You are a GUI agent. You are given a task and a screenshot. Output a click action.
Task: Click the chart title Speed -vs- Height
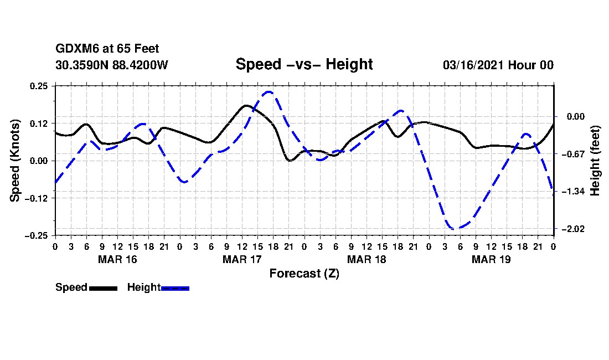pos(304,64)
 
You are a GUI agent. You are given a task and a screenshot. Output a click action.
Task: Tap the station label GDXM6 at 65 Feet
pos(107,49)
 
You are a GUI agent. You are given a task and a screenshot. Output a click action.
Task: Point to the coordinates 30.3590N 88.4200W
pos(111,65)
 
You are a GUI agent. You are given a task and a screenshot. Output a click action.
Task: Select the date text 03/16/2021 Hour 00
pos(498,65)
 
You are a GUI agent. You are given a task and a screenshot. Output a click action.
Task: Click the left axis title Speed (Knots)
pos(16,160)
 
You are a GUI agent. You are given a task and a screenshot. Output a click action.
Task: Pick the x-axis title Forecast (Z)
pos(304,273)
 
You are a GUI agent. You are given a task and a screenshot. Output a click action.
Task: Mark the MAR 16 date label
pos(117,259)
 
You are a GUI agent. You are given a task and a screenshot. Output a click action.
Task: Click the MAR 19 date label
pos(491,259)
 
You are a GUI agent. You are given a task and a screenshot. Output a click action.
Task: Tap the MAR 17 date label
pos(242,259)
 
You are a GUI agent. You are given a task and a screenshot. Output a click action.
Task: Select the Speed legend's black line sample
pos(103,288)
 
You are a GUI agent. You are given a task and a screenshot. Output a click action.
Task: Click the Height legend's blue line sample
pos(175,288)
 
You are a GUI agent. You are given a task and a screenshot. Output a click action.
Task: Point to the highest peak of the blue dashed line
pos(269,92)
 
